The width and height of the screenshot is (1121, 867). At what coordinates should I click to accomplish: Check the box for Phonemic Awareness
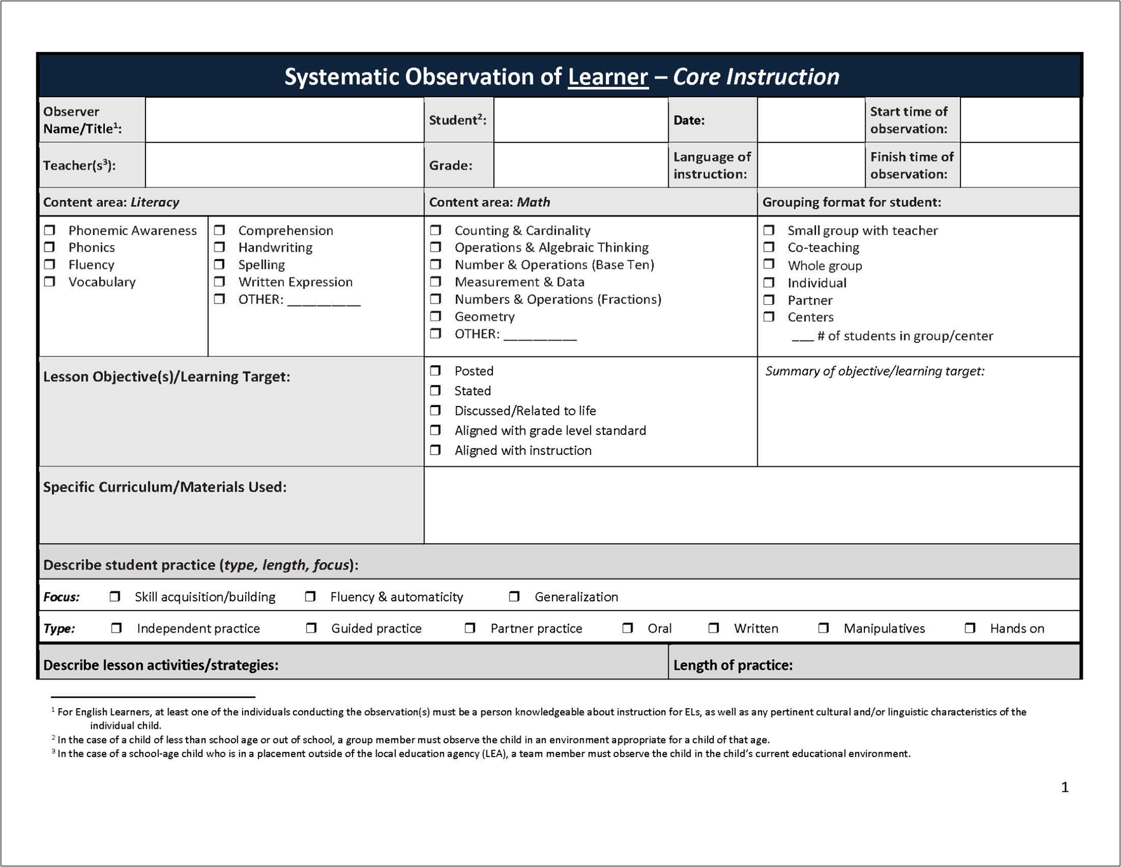point(50,230)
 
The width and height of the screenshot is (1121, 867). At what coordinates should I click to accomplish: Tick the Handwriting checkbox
point(220,247)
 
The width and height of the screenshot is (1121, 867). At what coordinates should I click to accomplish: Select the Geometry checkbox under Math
point(436,316)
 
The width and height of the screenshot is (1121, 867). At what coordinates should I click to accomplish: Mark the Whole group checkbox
point(769,265)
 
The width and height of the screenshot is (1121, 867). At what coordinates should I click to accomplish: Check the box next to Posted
point(436,370)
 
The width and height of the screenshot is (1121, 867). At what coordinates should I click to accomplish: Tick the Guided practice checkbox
point(311,628)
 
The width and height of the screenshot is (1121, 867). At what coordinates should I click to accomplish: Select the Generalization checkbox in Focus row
point(514,596)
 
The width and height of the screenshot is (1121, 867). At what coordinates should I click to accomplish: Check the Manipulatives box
point(824,628)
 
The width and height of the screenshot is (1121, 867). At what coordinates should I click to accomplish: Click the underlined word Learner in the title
point(608,77)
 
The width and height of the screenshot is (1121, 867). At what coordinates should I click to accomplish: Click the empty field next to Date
point(810,120)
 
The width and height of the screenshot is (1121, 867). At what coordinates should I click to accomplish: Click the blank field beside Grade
point(580,165)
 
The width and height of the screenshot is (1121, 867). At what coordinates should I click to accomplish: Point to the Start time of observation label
point(909,120)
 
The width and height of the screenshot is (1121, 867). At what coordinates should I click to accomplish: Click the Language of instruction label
point(711,165)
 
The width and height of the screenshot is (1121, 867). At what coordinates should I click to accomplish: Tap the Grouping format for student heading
point(851,202)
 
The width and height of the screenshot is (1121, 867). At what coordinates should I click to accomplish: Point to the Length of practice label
point(732,665)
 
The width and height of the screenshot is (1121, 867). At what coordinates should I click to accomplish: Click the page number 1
point(1064,788)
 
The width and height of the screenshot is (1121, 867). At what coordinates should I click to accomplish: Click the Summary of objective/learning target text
point(874,371)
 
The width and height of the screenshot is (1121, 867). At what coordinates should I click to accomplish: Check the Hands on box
point(970,628)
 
